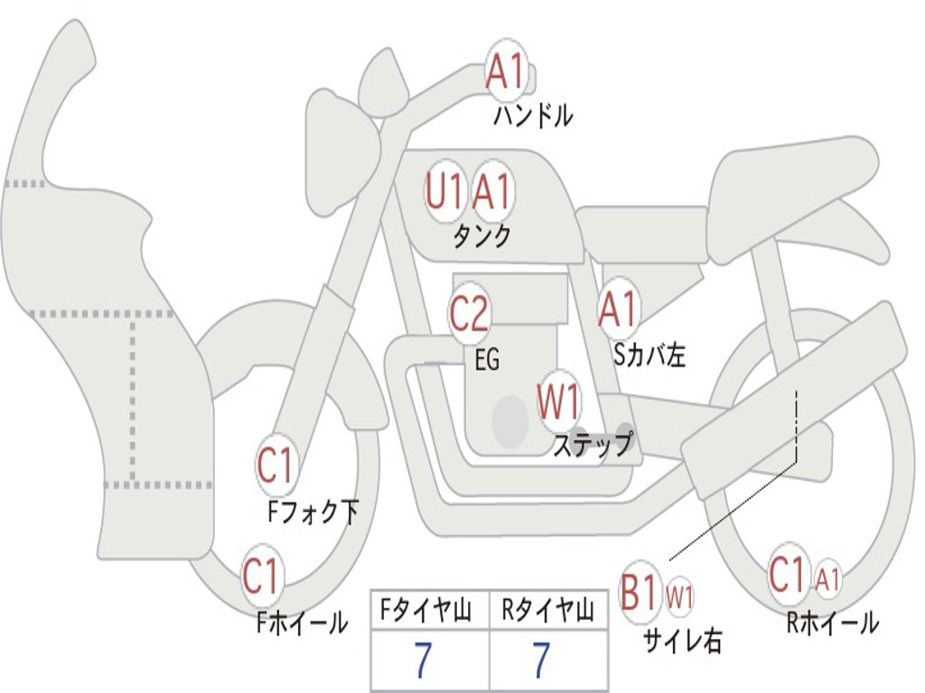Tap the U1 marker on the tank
(444, 192)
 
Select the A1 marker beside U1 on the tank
(492, 192)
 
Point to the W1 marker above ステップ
(559, 402)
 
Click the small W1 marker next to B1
(679, 596)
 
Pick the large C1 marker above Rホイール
(787, 575)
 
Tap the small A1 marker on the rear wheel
(828, 577)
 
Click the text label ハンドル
(533, 115)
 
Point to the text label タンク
(481, 236)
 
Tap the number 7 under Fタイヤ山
(423, 661)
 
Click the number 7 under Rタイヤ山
(541, 661)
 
